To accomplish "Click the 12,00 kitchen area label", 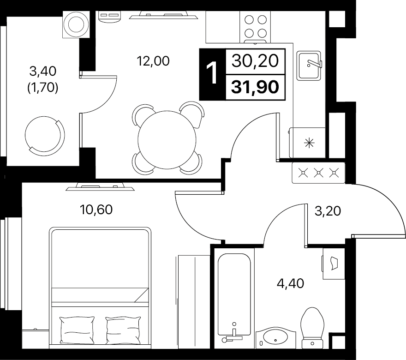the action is coord(153,61).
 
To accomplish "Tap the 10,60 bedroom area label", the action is coord(96,210).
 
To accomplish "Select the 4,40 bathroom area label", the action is coord(290,283).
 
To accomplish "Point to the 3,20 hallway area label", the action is coord(328,211).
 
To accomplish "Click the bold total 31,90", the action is coord(255,87).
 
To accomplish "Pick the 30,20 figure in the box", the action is coord(255,61).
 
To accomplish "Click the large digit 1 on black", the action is coord(212,74).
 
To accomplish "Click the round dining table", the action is coord(167,140).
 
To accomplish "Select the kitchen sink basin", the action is coord(309,66).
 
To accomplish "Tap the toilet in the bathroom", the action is coord(312,328).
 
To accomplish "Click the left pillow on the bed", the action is coord(77,330).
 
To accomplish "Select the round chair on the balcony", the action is coord(45,134).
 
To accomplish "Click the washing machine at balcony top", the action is coord(76,25).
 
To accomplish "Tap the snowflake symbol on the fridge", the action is coord(309,143).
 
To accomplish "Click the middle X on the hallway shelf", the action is coord(318,173).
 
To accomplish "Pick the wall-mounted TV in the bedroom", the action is coord(100,187).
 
